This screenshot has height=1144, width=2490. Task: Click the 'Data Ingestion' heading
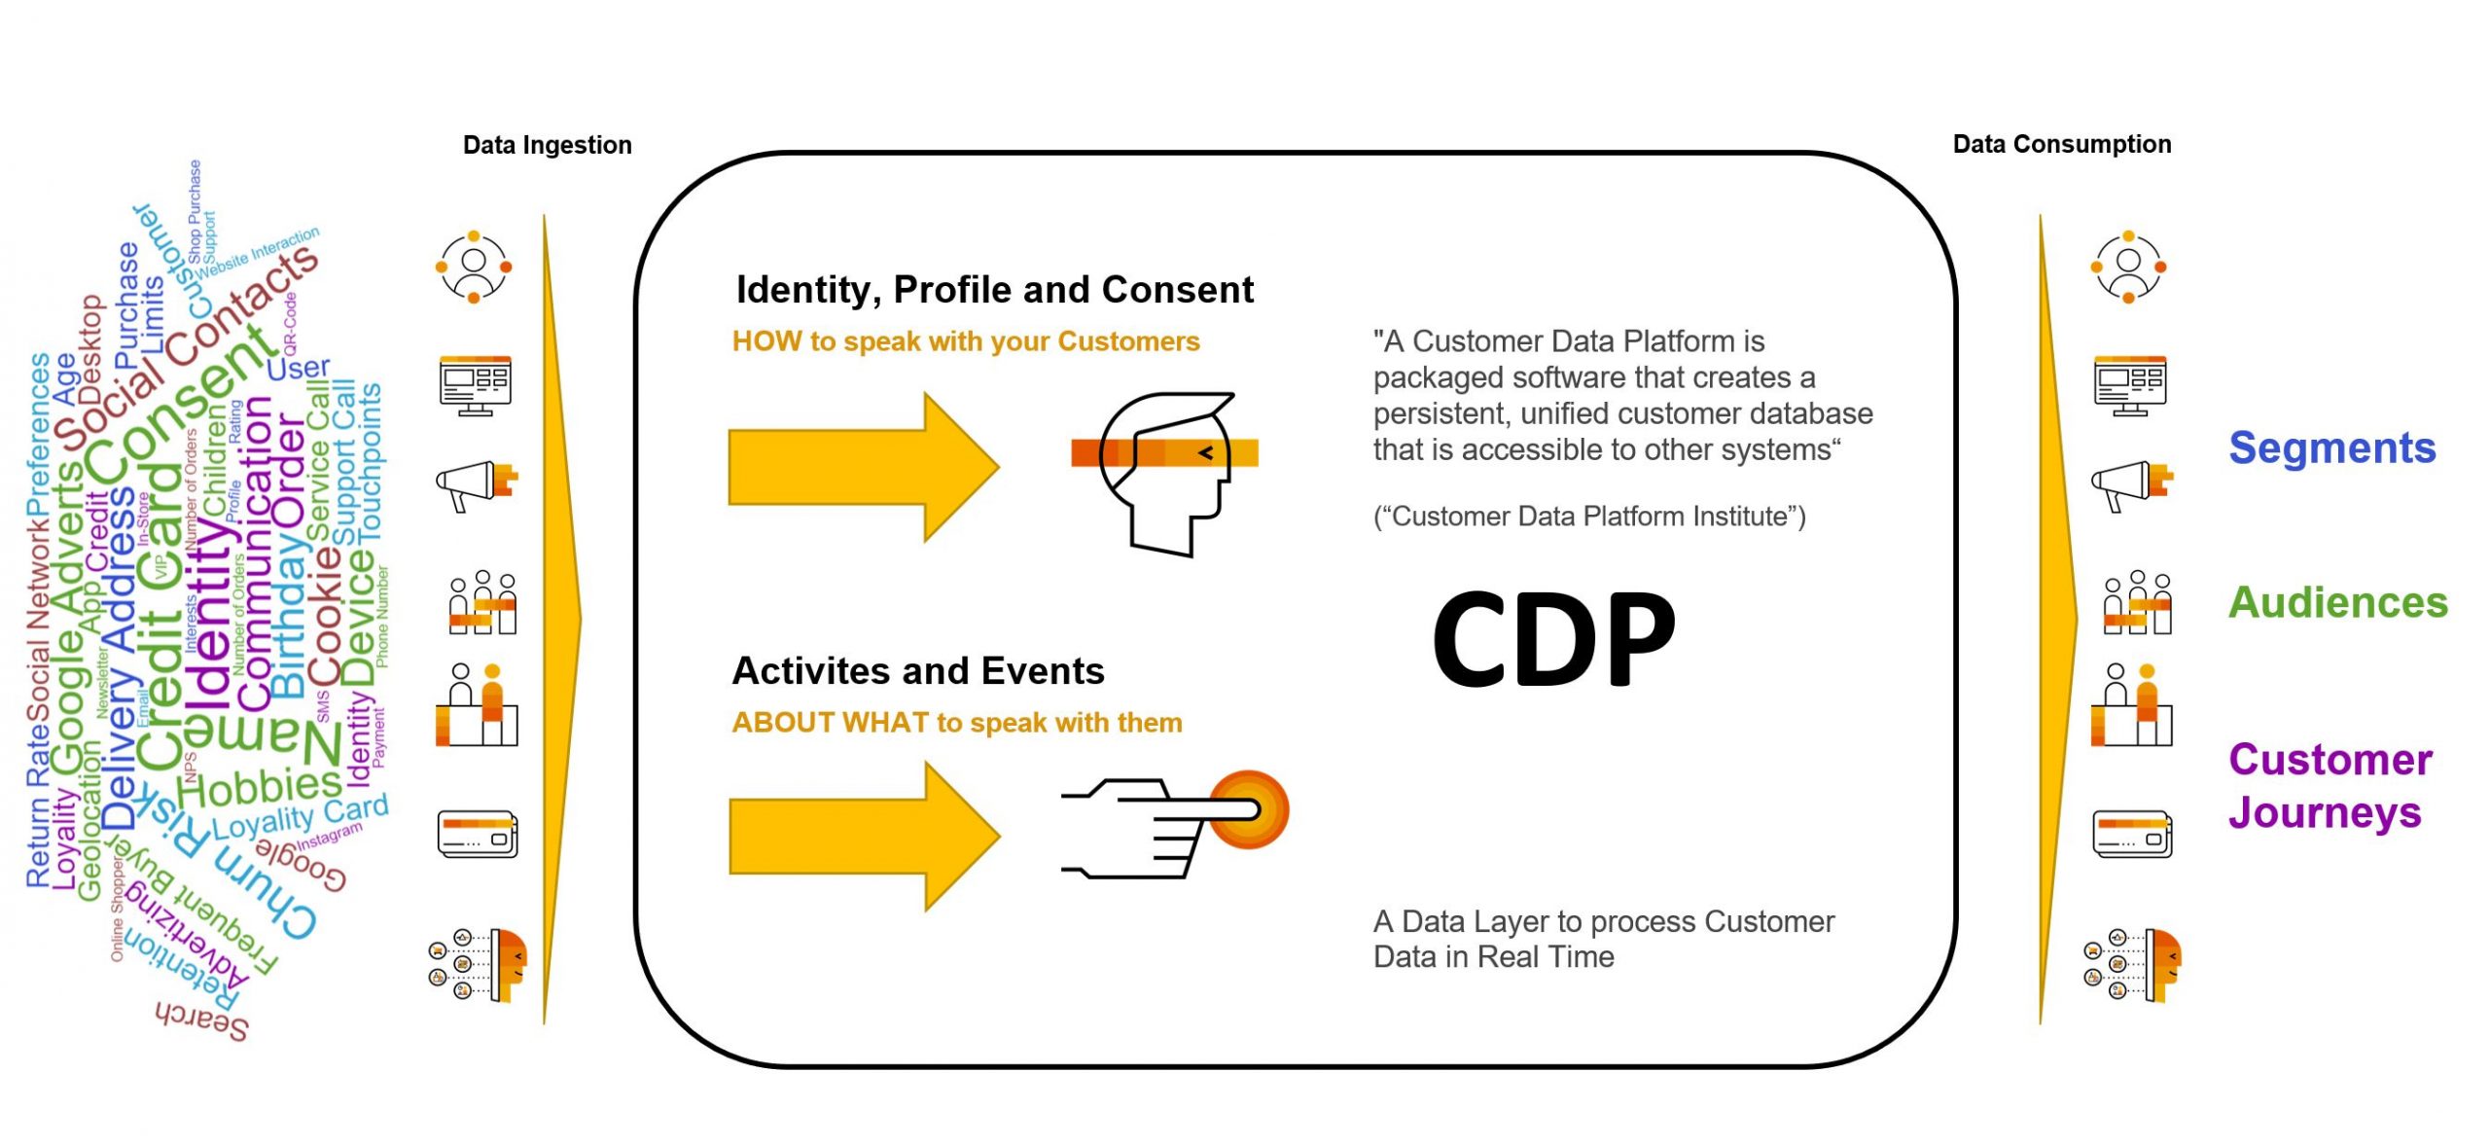point(547,145)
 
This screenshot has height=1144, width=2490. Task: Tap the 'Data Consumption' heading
point(2061,144)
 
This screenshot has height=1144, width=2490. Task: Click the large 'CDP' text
point(1553,639)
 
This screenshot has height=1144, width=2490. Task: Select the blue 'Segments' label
point(2331,448)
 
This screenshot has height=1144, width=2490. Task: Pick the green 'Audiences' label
point(2337,603)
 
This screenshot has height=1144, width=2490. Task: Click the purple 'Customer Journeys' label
point(2330,785)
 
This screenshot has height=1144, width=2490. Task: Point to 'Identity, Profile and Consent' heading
point(994,290)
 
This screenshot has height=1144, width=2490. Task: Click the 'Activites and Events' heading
point(917,671)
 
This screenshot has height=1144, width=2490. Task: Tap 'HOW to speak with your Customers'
point(965,341)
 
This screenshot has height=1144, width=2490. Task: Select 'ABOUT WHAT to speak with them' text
point(956,723)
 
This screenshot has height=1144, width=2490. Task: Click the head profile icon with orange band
point(1165,472)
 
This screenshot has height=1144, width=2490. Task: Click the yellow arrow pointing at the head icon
point(862,467)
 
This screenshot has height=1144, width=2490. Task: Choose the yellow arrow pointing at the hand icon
point(863,836)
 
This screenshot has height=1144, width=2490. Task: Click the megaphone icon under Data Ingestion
point(476,484)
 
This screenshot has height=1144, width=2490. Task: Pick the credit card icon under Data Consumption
point(2131,834)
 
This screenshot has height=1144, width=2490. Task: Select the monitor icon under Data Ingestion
point(475,385)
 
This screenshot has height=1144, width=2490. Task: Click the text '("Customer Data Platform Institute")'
point(1588,517)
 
